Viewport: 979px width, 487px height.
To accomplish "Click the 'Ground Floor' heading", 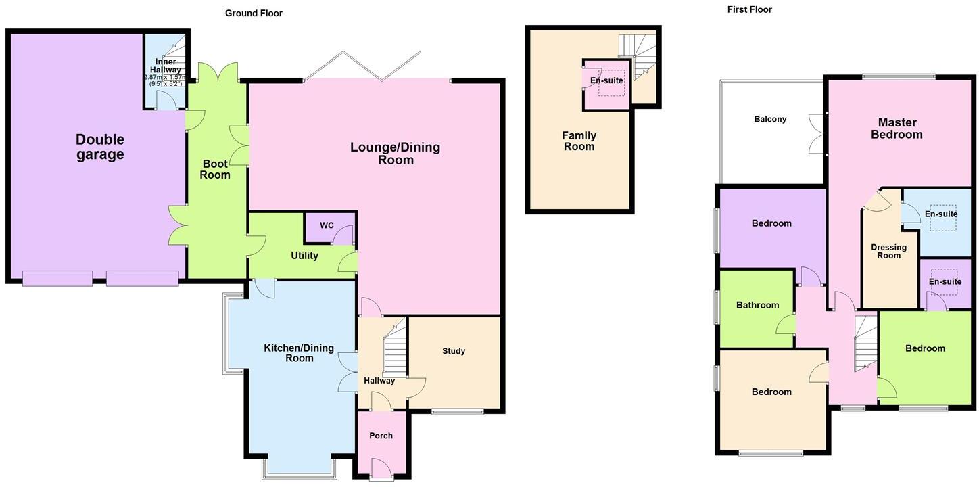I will [254, 14].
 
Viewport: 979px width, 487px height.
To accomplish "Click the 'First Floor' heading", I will [749, 9].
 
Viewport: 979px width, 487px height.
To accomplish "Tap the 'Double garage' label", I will [99, 147].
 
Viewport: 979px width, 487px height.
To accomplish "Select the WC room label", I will [327, 225].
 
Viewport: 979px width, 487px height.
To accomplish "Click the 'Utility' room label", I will [304, 256].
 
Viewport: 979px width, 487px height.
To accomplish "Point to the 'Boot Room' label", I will [215, 169].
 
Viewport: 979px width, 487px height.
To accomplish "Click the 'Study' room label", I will [454, 351].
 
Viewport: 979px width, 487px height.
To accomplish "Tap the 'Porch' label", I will [381, 436].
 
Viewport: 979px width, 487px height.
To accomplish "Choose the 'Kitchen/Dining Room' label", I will [299, 353].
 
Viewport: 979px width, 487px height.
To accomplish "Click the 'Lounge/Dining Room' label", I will [396, 154].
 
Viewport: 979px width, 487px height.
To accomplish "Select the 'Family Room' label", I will [579, 141].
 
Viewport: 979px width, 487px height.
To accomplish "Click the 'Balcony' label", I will [770, 119].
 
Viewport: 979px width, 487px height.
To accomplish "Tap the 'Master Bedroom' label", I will [897, 129].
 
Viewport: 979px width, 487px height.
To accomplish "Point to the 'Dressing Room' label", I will [888, 251].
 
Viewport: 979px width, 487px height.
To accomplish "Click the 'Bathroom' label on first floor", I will [757, 305].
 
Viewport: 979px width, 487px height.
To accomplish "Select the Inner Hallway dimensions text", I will [166, 80].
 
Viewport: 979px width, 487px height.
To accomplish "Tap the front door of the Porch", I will [381, 468].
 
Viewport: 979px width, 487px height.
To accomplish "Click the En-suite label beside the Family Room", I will [606, 80].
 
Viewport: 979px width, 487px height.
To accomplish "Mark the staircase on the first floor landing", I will [865, 342].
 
